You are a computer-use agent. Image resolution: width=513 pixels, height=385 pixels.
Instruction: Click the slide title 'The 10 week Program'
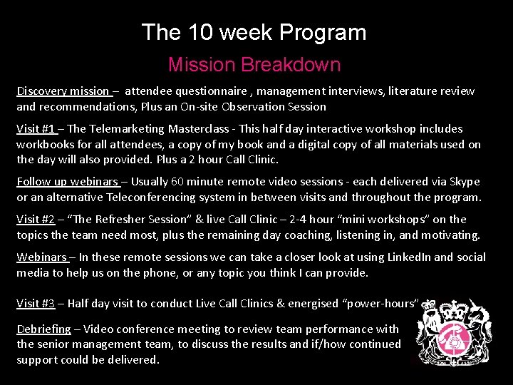(x=254, y=32)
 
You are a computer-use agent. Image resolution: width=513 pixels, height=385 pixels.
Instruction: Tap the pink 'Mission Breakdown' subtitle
(x=254, y=65)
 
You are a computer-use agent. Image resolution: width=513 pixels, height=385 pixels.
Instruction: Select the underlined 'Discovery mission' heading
(x=62, y=91)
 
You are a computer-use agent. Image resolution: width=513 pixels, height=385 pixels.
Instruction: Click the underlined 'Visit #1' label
(x=36, y=129)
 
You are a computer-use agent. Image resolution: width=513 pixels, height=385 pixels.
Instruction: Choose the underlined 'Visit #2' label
(x=36, y=220)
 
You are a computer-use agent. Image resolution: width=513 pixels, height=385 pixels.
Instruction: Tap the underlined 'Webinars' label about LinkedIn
(x=41, y=257)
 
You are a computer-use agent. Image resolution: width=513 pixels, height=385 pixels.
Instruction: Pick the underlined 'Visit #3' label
(x=36, y=304)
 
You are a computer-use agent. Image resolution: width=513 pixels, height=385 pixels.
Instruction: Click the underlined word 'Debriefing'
(x=43, y=329)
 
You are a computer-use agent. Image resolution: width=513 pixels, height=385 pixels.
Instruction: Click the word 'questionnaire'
(x=214, y=91)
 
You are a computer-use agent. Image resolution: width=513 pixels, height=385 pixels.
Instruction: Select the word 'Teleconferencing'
(x=151, y=197)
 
